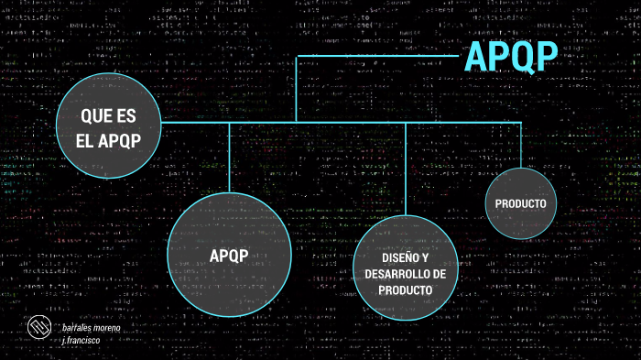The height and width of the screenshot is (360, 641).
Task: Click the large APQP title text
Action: (511, 57)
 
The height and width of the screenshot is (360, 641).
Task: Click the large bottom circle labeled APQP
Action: (229, 255)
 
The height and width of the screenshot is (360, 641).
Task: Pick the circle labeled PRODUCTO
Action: (520, 203)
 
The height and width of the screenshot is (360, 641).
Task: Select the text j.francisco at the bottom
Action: (81, 340)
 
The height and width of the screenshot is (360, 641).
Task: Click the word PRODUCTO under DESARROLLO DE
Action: (404, 290)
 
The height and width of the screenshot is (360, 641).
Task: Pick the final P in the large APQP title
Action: (546, 57)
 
